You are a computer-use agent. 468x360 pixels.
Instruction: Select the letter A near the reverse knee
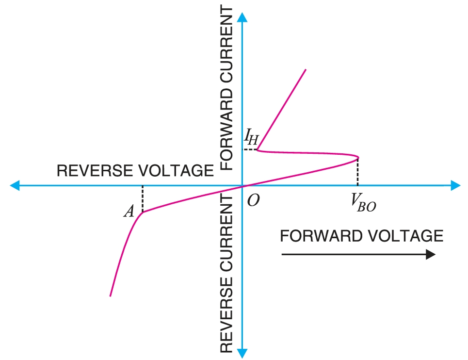(x=129, y=211)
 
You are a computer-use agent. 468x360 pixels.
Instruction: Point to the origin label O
(x=253, y=200)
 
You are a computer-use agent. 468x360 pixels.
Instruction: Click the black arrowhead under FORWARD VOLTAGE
(x=430, y=255)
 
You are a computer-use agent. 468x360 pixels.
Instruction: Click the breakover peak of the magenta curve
(x=358, y=158)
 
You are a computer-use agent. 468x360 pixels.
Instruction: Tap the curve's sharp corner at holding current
(x=258, y=150)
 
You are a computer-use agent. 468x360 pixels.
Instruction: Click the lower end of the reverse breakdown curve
(x=111, y=295)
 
